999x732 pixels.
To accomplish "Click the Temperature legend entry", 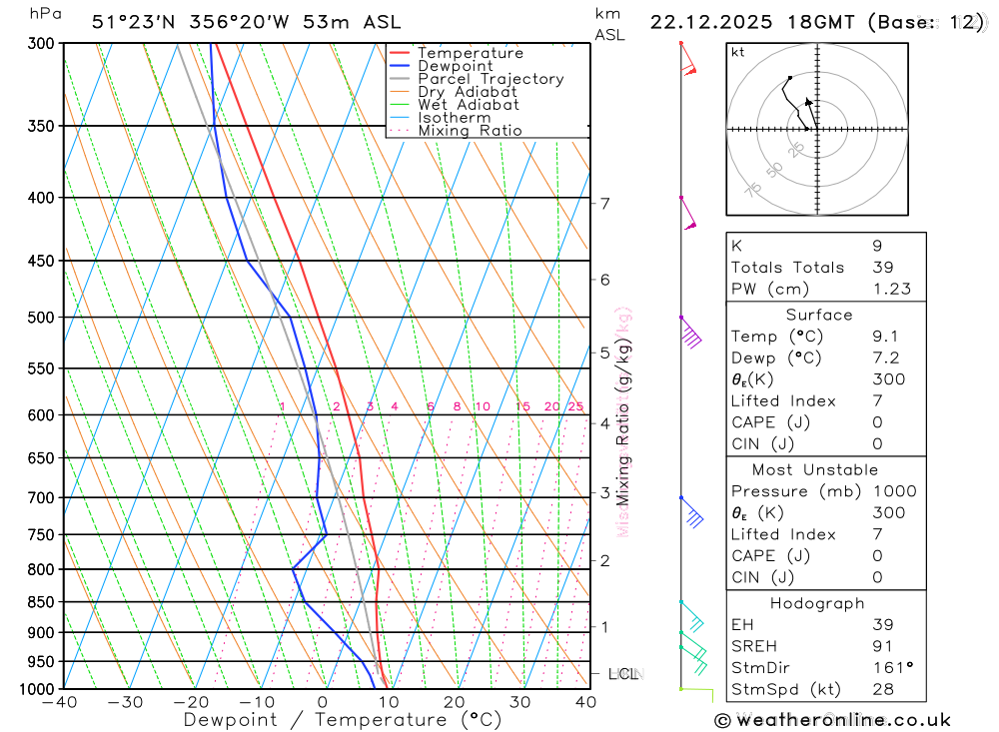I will coord(470,53).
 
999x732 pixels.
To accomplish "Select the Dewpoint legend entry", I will coord(455,66).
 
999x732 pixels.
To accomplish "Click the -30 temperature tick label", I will coord(125,702).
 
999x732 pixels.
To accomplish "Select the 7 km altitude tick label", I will coord(604,204).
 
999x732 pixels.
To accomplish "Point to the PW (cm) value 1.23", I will coord(890,289).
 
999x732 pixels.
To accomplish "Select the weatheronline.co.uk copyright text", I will coord(832,720).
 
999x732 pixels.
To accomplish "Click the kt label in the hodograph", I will coord(738,53).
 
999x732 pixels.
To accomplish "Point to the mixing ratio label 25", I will coord(575,406).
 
